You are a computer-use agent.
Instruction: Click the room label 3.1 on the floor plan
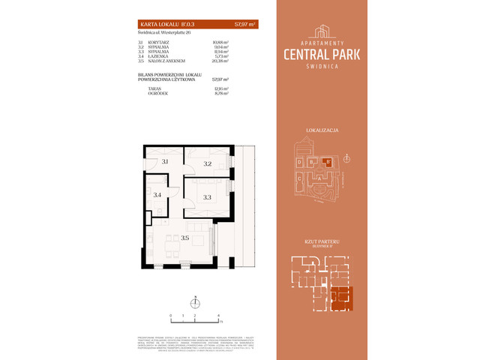[x=164, y=162]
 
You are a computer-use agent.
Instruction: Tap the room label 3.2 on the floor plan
[x=207, y=163]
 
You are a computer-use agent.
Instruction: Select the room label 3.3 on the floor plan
[x=207, y=197]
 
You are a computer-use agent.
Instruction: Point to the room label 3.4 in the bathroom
[x=157, y=195]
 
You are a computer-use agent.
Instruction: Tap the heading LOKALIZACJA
[x=322, y=130]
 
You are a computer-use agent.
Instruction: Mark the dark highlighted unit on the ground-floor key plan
[x=341, y=297]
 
